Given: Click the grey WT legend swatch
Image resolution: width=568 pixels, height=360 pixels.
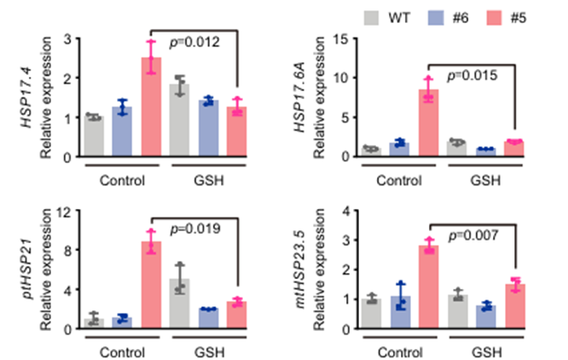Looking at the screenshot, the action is (371, 18).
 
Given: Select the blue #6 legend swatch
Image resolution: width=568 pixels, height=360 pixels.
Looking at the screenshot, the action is (436, 18).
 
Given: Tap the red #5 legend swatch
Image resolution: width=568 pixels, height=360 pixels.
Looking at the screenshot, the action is (494, 18).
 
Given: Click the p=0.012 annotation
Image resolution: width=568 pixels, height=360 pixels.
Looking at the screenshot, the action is (194, 43).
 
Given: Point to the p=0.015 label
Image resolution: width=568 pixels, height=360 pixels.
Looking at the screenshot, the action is (472, 76).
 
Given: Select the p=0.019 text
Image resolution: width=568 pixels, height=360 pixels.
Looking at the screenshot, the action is (195, 229).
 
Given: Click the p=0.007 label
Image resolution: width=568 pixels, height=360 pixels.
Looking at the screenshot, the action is (473, 235).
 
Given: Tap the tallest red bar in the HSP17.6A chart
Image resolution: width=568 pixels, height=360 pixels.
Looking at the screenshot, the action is (428, 123).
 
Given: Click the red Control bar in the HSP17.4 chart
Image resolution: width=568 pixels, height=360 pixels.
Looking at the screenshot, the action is (151, 107).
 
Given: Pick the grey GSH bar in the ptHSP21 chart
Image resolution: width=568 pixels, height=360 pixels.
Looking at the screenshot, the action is (179, 304).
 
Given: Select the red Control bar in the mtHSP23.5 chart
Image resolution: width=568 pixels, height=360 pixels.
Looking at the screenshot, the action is (429, 287).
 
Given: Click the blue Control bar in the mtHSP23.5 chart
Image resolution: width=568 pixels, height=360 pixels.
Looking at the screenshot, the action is (401, 312).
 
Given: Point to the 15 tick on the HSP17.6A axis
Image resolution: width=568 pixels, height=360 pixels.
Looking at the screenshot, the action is (340, 38).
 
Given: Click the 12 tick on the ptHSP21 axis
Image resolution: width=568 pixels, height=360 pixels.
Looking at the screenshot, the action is (65, 211).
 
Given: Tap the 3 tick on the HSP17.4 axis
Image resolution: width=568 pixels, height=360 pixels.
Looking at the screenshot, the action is (67, 38).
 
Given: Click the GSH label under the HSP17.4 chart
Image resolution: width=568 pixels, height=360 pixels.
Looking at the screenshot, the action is (209, 180).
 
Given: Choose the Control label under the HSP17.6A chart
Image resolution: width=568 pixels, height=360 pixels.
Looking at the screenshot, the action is (399, 180).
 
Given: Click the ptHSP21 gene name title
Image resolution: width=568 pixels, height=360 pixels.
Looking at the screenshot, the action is (27, 269).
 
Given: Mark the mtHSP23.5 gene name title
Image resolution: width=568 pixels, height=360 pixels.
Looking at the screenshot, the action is (300, 269).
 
